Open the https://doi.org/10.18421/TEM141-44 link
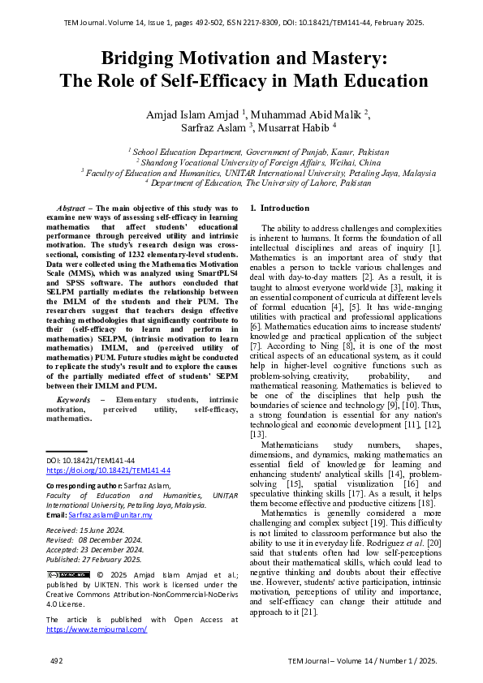click(108, 470)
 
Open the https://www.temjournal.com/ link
click(97, 629)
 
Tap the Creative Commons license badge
click(67, 575)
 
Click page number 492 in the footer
click(56, 661)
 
